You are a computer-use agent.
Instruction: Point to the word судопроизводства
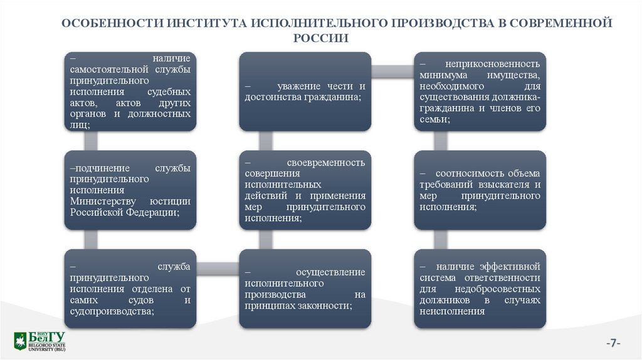111,310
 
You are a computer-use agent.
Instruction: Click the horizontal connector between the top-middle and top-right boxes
392,65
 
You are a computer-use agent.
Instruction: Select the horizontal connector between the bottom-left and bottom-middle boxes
218,267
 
